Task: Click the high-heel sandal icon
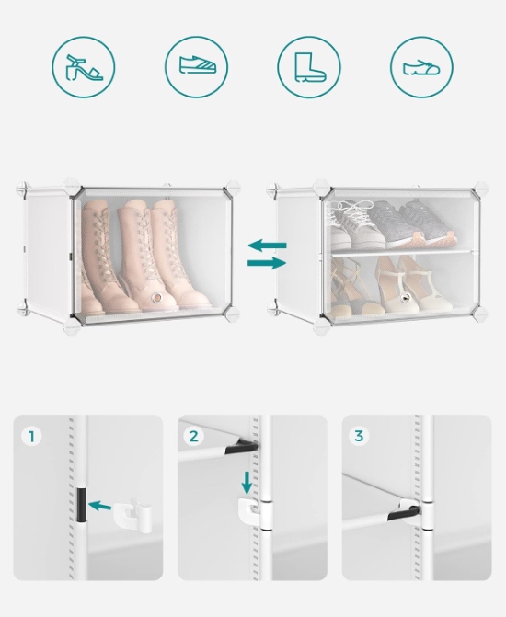point(83,67)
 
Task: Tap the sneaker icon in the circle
point(198,65)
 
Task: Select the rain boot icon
point(310,67)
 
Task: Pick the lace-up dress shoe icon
point(421,68)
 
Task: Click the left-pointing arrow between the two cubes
point(267,246)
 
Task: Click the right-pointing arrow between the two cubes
point(267,263)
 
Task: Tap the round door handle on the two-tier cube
point(404,298)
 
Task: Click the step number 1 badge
point(31,437)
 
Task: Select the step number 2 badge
point(194,437)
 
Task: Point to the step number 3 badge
point(358,436)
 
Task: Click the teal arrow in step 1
point(99,506)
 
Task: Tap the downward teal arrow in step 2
point(247,483)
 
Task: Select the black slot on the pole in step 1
point(81,505)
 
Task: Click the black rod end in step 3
point(403,513)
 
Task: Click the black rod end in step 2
point(241,447)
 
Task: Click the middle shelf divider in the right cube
point(401,252)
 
